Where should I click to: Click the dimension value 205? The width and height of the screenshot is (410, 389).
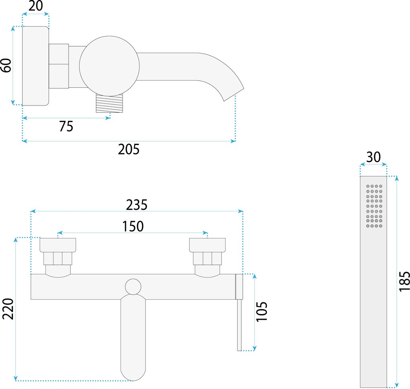pyautogui.click(x=129, y=150)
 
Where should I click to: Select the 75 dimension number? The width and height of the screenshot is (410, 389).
pyautogui.click(x=66, y=126)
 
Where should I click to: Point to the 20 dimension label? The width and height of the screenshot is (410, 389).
pyautogui.click(x=36, y=7)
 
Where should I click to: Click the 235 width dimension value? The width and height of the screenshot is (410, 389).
pyautogui.click(x=137, y=205)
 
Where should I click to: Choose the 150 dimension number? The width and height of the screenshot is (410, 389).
pyautogui.click(x=133, y=226)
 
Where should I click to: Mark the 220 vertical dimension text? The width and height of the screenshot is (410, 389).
pyautogui.click(x=8, y=309)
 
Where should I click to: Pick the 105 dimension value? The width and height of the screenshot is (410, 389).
pyautogui.click(x=261, y=312)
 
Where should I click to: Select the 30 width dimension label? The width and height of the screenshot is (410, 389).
pyautogui.click(x=373, y=157)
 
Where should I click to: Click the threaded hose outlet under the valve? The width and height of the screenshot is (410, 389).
pyautogui.click(x=109, y=103)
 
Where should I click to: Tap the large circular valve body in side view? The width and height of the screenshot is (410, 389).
pyautogui.click(x=109, y=66)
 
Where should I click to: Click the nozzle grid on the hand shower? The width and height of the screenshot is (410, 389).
pyautogui.click(x=374, y=206)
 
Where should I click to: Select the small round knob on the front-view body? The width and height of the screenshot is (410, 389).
pyautogui.click(x=133, y=287)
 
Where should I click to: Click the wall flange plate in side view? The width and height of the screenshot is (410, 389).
pyautogui.click(x=35, y=66)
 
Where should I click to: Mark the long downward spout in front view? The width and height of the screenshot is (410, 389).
pyautogui.click(x=133, y=338)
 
